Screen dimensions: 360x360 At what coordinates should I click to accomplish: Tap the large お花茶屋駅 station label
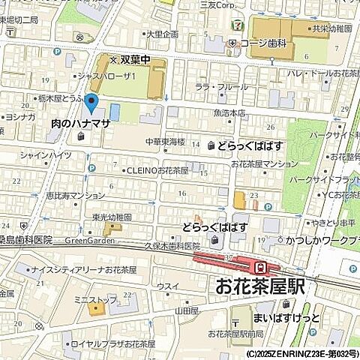coord(262,286)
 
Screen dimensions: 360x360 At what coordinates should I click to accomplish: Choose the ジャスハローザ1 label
coord(109,76)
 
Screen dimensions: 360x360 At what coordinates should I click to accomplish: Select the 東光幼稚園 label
coord(112,217)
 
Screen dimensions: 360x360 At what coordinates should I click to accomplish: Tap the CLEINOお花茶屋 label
coord(157,170)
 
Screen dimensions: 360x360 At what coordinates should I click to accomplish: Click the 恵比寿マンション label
coord(75,195)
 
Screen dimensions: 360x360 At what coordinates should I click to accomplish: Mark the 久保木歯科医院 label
coord(172,245)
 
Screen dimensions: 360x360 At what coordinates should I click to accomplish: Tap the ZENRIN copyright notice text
coord(301,353)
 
